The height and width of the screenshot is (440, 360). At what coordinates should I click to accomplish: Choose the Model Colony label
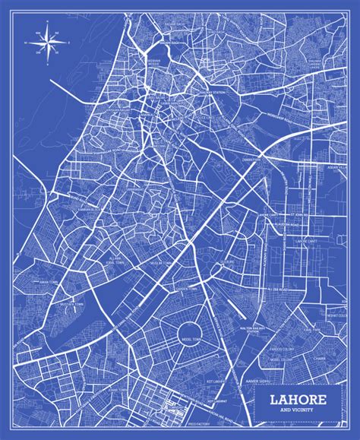point(283,337)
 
